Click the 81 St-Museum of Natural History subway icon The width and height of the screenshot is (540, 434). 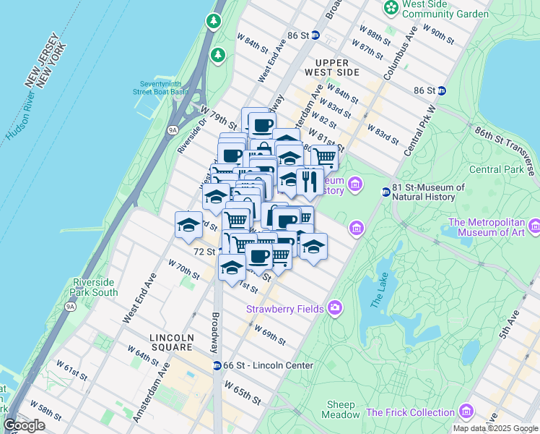tap(386, 192)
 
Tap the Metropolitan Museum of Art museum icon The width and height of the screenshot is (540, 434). tap(534, 226)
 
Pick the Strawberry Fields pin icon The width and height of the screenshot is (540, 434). tap(334, 309)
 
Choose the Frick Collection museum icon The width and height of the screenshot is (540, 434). tap(466, 412)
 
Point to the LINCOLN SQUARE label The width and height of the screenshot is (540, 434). tap(179, 338)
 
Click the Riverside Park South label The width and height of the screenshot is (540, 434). tap(95, 287)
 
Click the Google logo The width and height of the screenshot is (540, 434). tap(24, 425)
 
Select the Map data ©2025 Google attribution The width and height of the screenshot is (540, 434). tap(495, 428)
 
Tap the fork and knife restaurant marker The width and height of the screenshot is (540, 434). tap(310, 182)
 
